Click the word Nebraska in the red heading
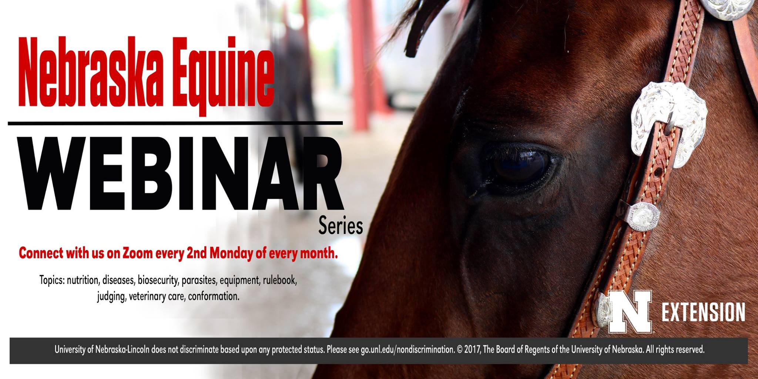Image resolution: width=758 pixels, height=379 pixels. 91,71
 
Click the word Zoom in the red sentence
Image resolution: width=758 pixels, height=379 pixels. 138,253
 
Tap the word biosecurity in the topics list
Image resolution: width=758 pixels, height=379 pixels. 158,281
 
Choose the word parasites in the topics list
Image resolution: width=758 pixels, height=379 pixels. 199,281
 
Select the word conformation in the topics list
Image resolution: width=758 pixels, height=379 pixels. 214,296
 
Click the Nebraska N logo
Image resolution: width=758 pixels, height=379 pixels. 630,311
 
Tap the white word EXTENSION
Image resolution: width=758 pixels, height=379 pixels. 703,312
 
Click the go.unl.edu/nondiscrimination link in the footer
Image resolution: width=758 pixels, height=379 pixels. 407,349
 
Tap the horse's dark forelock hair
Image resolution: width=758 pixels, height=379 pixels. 422,26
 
